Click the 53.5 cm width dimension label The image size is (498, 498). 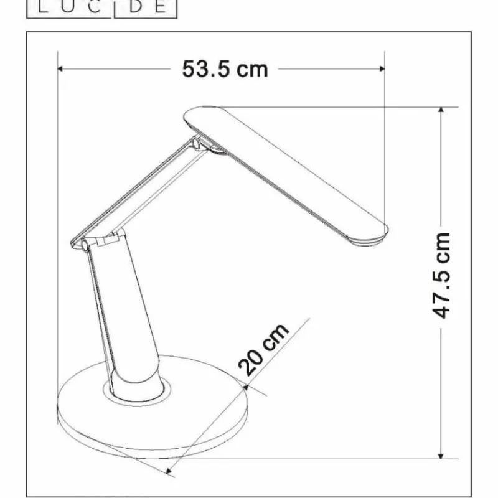tap(225, 68)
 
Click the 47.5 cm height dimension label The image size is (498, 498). tap(441, 276)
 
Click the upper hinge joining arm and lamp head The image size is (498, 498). tap(198, 145)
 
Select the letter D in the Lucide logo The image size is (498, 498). tap(138, 7)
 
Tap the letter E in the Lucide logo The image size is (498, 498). tap(161, 7)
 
